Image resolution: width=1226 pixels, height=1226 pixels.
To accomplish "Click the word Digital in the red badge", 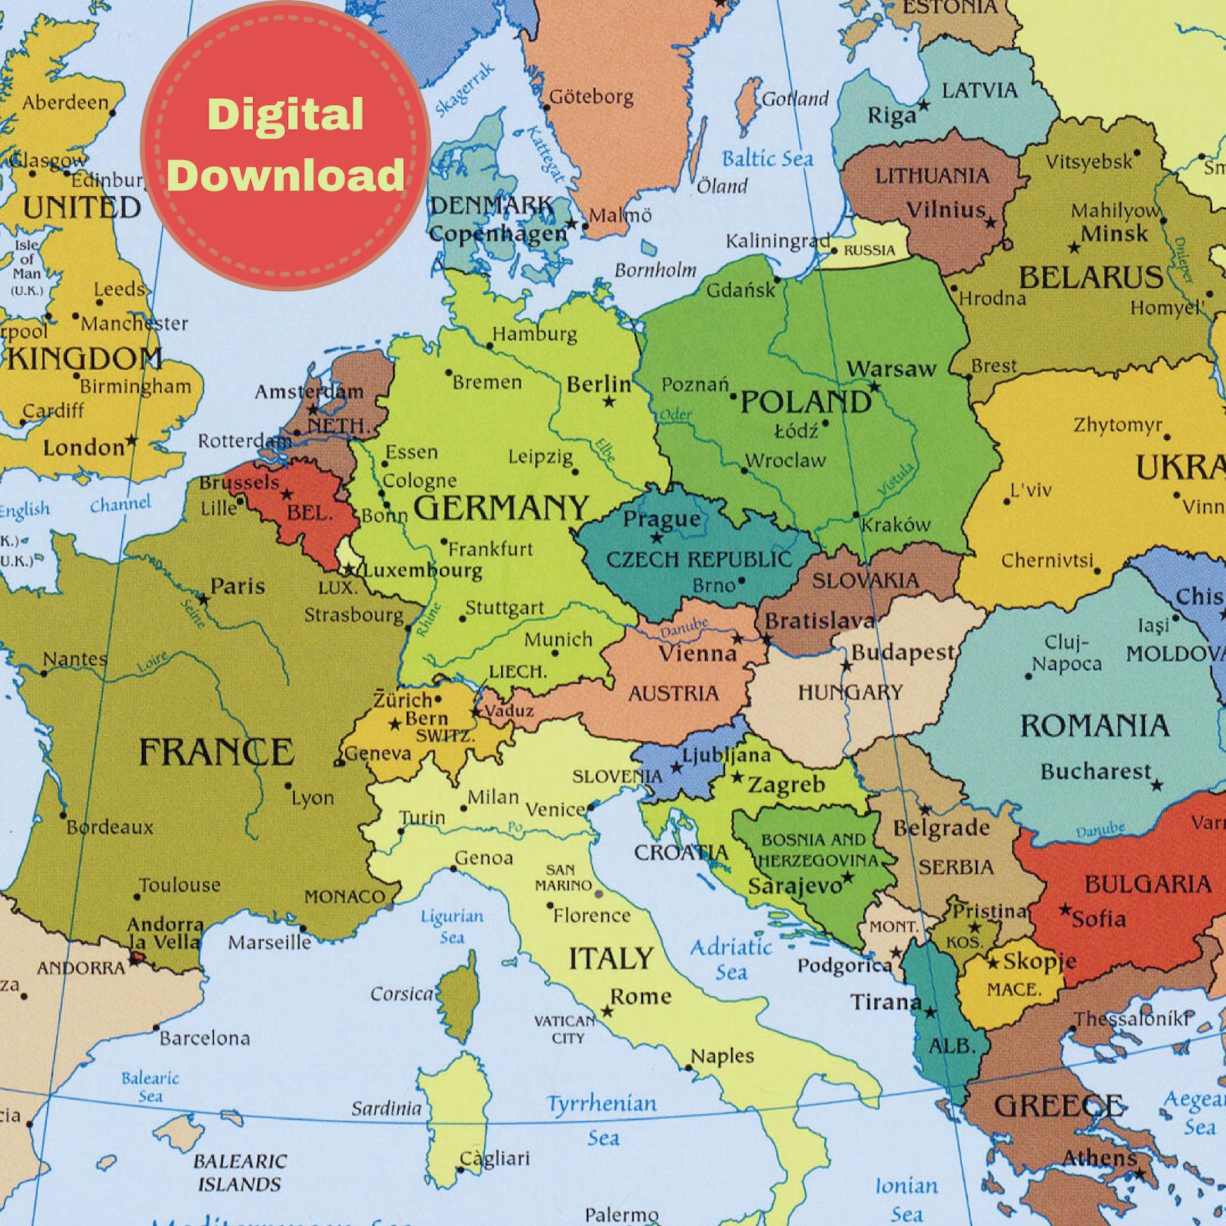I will tap(285, 115).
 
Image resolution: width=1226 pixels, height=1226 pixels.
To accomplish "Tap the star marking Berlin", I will tap(609, 401).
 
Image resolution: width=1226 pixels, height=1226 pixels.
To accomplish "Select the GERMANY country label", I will tap(501, 508).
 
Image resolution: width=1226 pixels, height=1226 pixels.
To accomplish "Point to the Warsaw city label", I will tap(891, 369).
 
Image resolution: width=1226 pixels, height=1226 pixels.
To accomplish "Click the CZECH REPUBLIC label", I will tap(699, 559).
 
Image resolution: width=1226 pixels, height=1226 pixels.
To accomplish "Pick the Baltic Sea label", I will tap(767, 159).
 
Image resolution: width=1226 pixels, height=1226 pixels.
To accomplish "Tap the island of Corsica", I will tap(459, 996).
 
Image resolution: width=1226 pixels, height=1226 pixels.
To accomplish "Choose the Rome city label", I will tap(640, 996).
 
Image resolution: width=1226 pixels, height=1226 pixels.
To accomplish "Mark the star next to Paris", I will tap(203, 599).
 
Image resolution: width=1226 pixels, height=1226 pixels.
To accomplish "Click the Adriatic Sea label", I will tap(730, 958).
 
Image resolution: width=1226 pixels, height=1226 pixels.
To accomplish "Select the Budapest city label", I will tap(903, 652).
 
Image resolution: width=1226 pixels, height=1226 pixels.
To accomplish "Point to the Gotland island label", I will tap(794, 99).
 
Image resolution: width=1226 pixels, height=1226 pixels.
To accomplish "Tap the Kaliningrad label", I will tap(777, 241).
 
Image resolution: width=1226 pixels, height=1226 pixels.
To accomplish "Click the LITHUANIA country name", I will tap(931, 176).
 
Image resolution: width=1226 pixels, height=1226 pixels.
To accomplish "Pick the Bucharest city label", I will tap(1095, 771).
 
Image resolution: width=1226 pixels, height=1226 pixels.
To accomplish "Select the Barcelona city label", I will tap(205, 1038).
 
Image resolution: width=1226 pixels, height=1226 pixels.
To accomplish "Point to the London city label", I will tap(83, 447).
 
